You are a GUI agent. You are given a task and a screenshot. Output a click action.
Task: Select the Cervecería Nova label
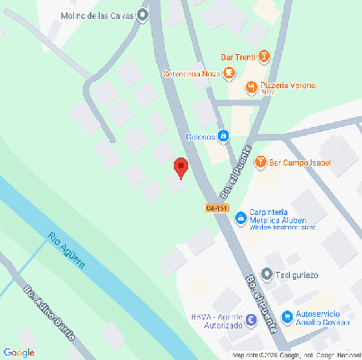pyautogui.click(x=190, y=73)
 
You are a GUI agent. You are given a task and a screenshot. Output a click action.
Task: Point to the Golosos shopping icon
pyautogui.click(x=222, y=136)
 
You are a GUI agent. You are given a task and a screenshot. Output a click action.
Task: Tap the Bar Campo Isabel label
pyautogui.click(x=301, y=163)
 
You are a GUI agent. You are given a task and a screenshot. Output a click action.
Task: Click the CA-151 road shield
pyautogui.click(x=217, y=208)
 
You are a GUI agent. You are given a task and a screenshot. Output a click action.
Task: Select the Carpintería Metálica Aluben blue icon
pyautogui.click(x=240, y=219)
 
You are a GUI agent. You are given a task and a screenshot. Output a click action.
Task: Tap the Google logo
pyautogui.click(x=19, y=352)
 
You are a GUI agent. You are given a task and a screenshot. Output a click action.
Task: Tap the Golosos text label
pyautogui.click(x=199, y=137)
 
